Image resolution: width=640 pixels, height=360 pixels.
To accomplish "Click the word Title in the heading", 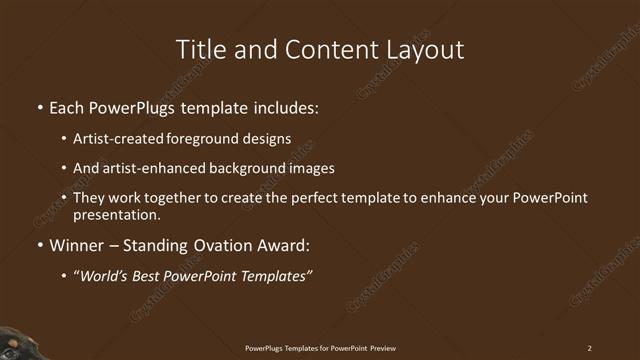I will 201,49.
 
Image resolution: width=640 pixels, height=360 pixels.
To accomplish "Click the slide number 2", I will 589,348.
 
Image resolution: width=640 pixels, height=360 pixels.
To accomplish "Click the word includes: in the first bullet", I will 285,106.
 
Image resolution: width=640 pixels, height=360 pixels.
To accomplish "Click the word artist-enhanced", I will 155,168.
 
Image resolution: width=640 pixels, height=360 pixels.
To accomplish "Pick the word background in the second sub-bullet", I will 250,168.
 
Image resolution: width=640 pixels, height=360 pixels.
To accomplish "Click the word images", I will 312,168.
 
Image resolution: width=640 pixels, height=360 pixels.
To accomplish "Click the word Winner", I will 77,245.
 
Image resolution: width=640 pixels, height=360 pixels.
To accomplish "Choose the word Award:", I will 284,245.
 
